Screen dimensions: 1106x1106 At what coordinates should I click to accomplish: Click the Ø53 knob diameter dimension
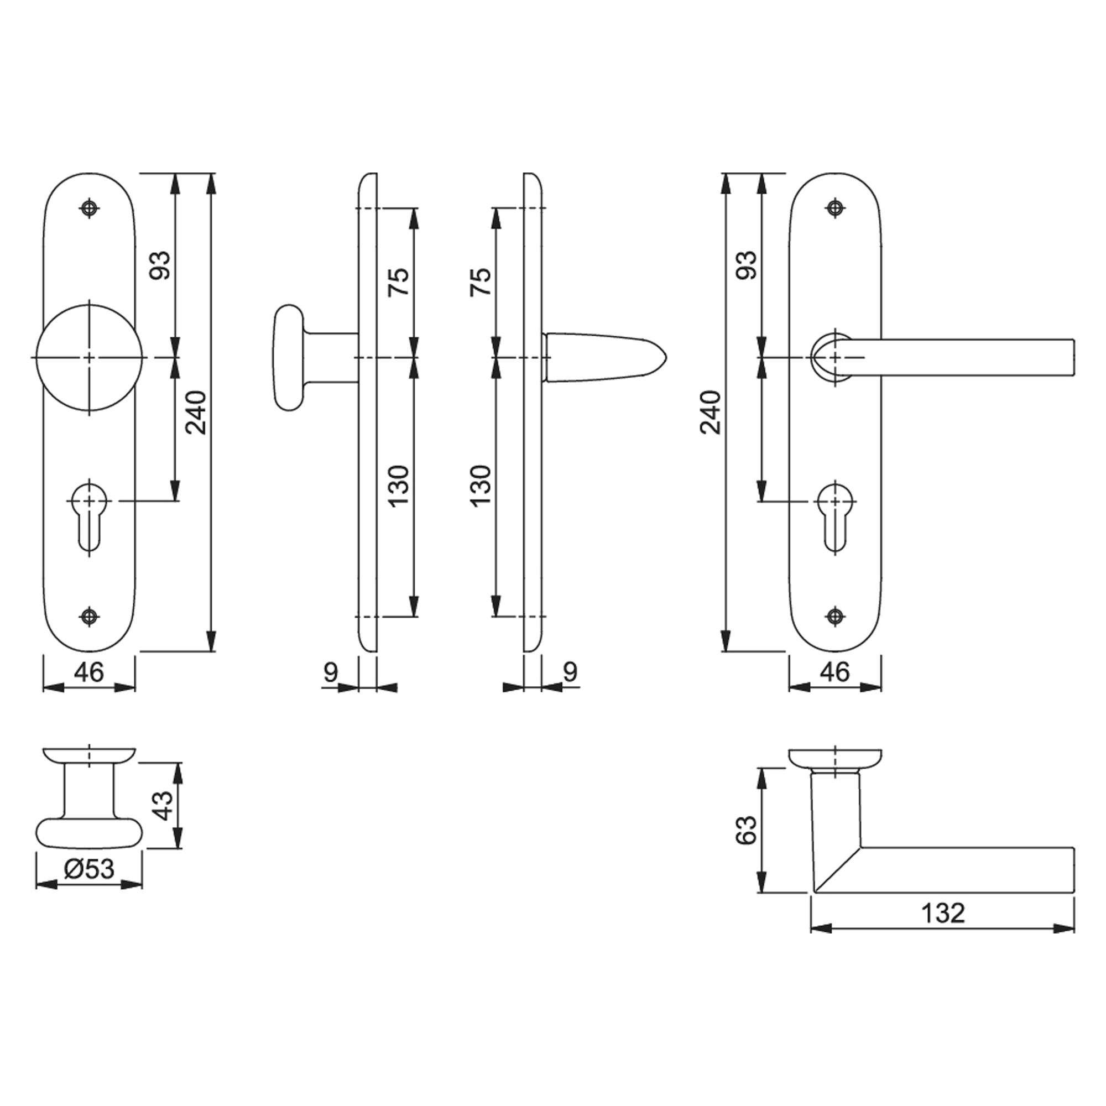coord(89,869)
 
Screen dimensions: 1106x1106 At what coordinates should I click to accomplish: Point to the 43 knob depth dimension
coord(163,806)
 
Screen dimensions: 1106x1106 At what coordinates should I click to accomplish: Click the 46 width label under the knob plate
coord(89,671)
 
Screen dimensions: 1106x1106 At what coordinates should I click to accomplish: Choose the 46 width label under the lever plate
coord(835,671)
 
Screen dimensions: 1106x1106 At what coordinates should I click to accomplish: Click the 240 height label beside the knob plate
coord(196,413)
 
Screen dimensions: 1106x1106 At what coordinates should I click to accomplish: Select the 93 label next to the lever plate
coord(747,265)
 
